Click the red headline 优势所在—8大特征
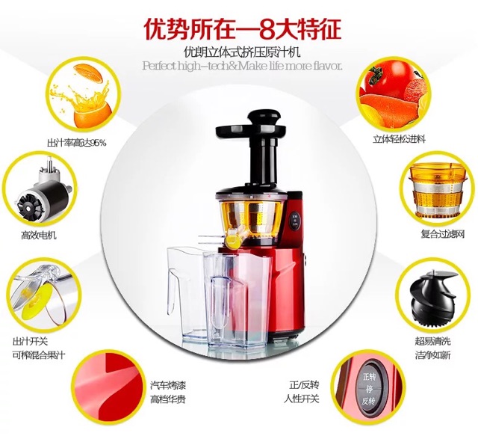242,30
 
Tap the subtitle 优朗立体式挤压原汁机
242,52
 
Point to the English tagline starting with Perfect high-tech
242,66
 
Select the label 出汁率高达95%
76,143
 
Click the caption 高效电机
39,236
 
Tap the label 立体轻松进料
399,140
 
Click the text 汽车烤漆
168,385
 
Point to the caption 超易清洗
432,341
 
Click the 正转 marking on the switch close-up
368,377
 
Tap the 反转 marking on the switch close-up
368,401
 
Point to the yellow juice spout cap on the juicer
232,239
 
